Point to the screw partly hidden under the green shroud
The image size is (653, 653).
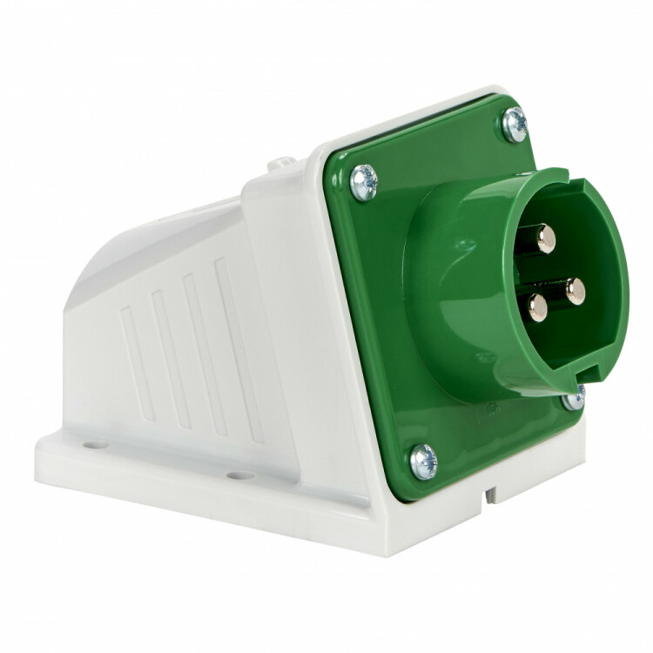click(x=574, y=399)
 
